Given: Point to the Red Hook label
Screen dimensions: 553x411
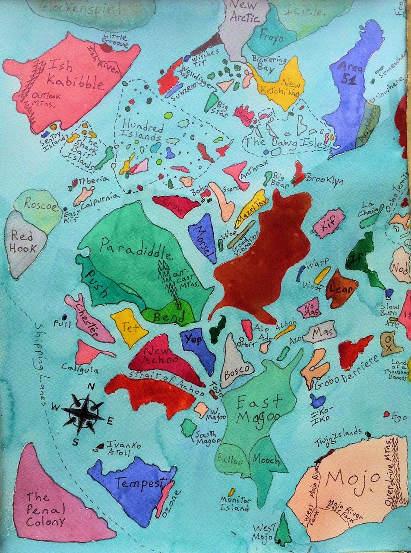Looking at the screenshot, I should [24, 242].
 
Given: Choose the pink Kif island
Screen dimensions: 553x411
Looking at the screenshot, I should [329, 223].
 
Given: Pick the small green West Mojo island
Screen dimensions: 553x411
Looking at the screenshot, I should [283, 530].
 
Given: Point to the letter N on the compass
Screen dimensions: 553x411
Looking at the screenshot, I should [91, 387].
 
